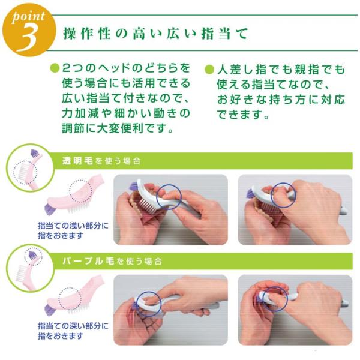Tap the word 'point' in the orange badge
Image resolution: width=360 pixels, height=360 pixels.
point(28,17)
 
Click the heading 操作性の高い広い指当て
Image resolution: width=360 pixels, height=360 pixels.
point(155,34)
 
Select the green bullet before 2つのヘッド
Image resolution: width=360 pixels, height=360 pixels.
point(55,68)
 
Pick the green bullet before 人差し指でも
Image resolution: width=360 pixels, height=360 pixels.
point(209,70)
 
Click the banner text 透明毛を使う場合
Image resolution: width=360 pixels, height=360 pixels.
point(101,161)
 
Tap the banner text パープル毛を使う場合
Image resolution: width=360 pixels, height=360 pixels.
point(112,261)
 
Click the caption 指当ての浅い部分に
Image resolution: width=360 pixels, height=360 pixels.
point(73,226)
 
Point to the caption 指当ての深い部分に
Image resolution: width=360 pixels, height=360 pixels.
point(73,326)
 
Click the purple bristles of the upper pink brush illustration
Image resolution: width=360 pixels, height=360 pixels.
point(49,209)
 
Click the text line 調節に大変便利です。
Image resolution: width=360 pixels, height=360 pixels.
point(118,128)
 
